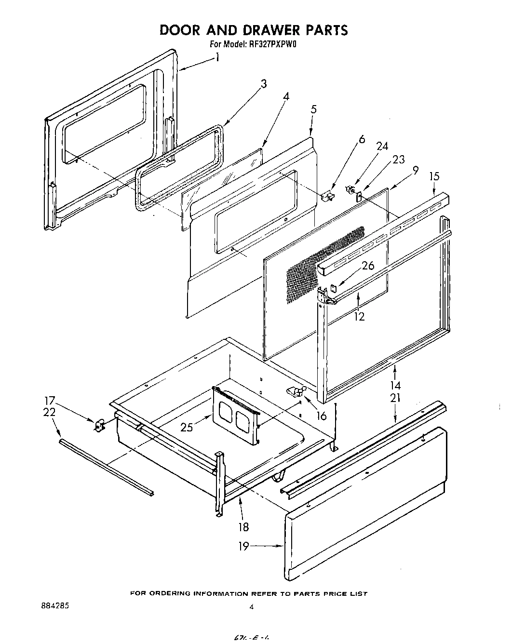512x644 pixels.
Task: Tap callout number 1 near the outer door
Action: pos(218,58)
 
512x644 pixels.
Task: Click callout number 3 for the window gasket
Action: pos(263,84)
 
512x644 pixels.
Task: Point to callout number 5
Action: pos(314,109)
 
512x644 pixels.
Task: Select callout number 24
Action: pos(382,147)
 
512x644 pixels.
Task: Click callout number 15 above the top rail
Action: pos(434,177)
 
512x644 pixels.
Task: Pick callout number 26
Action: pos(368,266)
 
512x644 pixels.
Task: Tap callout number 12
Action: pos(360,317)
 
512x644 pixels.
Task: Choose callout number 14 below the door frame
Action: pos(396,386)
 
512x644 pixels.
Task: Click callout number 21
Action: pos(396,398)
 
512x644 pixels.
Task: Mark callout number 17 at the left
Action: pos(49,400)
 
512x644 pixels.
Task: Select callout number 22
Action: pos(49,413)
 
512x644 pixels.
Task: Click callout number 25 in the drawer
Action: pos(188,427)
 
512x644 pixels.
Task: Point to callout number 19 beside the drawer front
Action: pos(244,546)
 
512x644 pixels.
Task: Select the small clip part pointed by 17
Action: pos(100,425)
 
